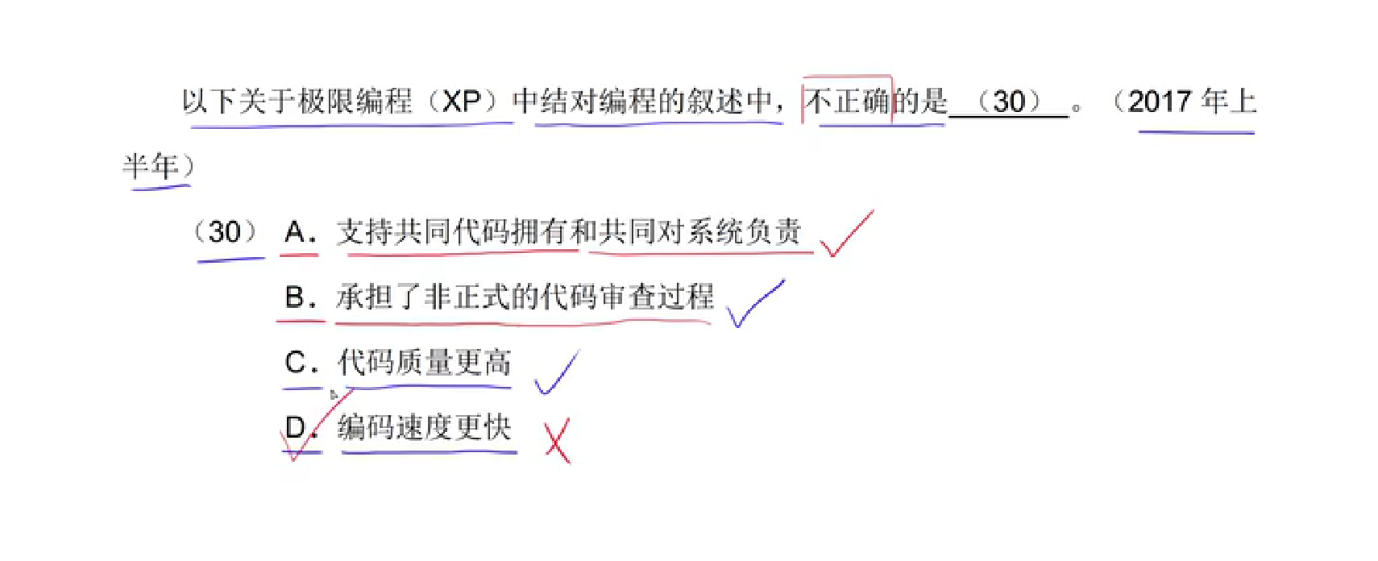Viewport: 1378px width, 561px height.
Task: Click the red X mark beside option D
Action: [558, 441]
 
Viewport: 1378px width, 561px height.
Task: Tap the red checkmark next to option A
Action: [845, 233]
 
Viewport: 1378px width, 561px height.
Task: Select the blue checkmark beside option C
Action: [557, 373]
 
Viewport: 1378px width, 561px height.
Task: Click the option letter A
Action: [296, 232]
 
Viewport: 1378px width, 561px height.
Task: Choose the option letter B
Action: [296, 297]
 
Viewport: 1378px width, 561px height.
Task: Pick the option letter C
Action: [296, 363]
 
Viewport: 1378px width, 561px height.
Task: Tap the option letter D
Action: [296, 427]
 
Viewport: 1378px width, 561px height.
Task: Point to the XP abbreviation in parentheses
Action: [462, 102]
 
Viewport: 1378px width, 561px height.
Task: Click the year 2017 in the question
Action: [1160, 102]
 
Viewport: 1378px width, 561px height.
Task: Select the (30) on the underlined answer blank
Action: [1009, 102]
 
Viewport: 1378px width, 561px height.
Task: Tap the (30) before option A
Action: [225, 232]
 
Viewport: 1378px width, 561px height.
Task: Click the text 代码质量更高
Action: [424, 363]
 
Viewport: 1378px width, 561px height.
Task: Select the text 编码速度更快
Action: [424, 427]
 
